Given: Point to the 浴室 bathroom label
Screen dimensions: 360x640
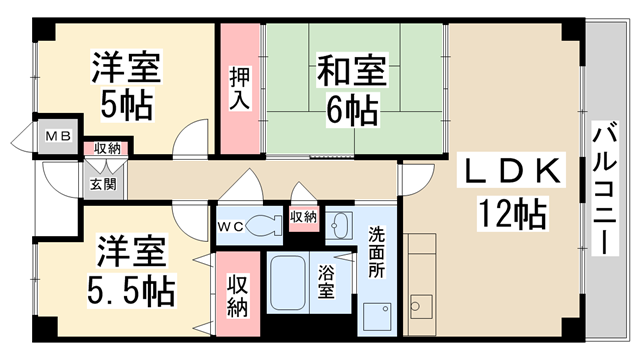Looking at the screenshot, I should [x=326, y=284].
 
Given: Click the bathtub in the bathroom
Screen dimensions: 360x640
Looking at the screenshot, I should [x=291, y=284].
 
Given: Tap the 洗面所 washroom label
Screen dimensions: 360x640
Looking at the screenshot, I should [x=376, y=253].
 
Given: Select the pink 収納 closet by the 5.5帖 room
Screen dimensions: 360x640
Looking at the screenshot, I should [x=238, y=297].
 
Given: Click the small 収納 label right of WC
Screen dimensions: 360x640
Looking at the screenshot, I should [x=304, y=216].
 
